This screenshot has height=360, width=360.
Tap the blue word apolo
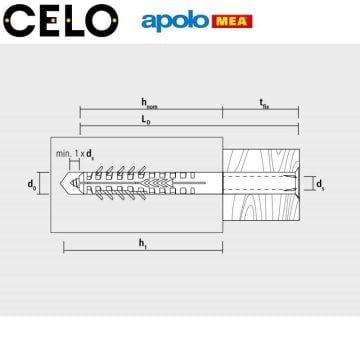[180, 20]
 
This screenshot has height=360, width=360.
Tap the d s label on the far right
[319, 184]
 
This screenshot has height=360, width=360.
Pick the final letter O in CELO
[100, 20]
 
